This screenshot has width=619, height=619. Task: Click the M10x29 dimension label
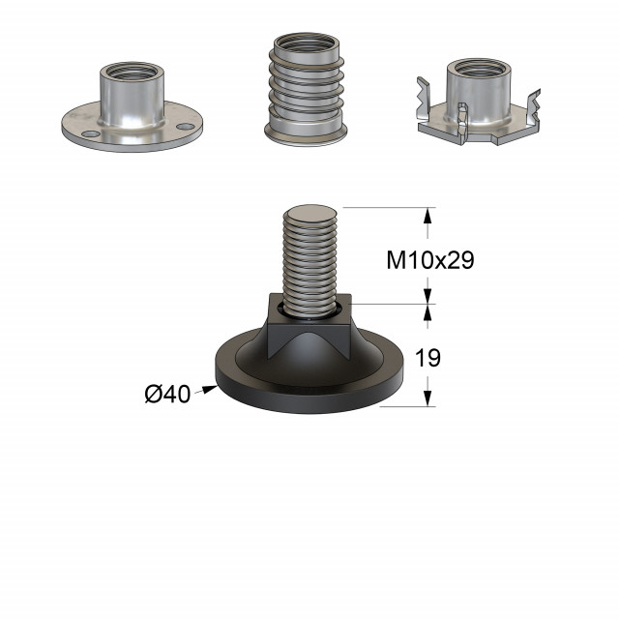tap(430, 261)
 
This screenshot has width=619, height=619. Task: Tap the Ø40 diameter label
tap(167, 394)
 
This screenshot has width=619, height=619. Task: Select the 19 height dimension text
tap(427, 358)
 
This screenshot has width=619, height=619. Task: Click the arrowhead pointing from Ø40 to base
tap(210, 390)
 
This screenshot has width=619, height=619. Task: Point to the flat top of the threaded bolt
tap(310, 214)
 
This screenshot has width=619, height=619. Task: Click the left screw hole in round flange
tap(91, 133)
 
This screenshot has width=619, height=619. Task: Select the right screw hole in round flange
tap(186, 127)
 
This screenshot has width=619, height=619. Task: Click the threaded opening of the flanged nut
tap(132, 72)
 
